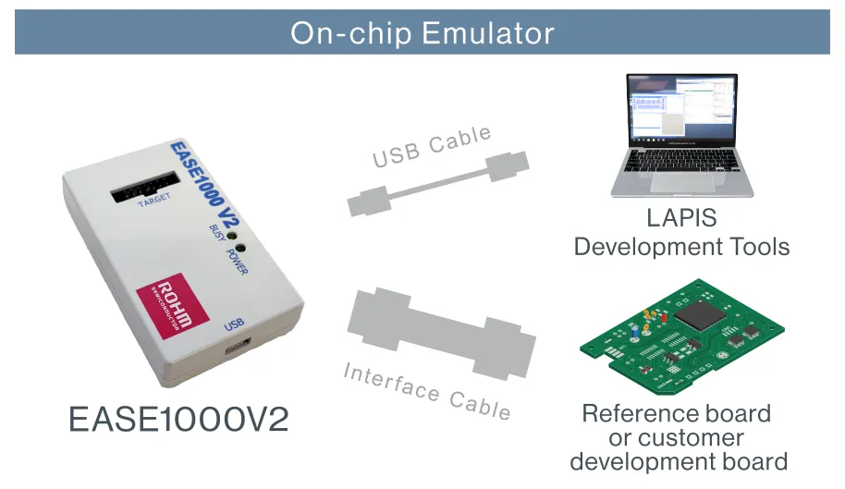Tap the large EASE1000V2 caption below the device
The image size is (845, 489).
click(x=178, y=420)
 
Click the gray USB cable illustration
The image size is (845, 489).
click(x=438, y=187)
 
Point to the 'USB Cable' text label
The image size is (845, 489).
click(x=432, y=148)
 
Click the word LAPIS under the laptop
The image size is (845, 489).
click(x=681, y=219)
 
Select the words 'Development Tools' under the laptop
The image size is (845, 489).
click(x=681, y=247)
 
